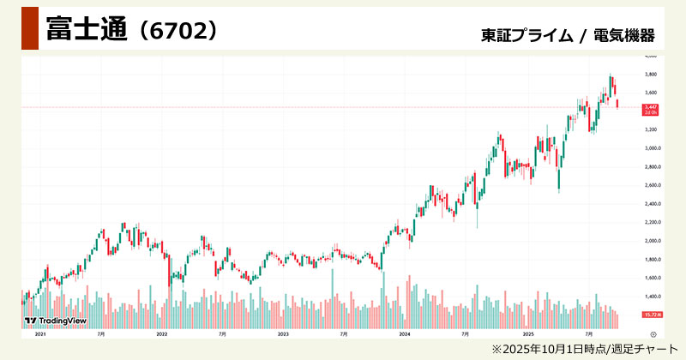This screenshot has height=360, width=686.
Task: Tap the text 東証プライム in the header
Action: click(527, 35)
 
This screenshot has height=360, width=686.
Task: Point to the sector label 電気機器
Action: click(624, 35)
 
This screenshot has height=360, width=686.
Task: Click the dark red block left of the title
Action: click(29, 28)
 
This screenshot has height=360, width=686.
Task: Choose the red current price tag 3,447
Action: click(649, 106)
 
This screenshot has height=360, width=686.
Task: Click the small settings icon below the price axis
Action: click(653, 333)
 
